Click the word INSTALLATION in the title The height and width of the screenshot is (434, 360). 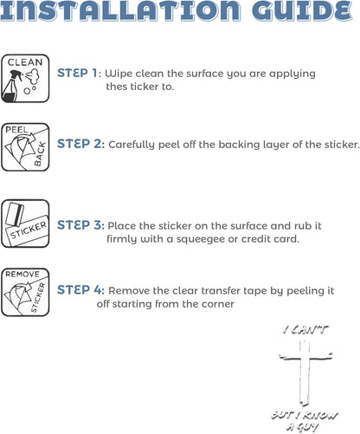pyautogui.click(x=120, y=10)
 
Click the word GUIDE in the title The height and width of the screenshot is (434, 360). pyautogui.click(x=302, y=10)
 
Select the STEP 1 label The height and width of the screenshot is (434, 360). pyautogui.click(x=78, y=74)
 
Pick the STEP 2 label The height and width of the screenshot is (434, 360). pyautogui.click(x=80, y=144)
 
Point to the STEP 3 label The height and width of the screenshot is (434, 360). pyautogui.click(x=80, y=225)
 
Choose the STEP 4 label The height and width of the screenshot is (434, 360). pyautogui.click(x=80, y=290)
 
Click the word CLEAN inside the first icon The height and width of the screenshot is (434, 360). pyautogui.click(x=25, y=62)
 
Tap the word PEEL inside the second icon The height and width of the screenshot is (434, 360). pyautogui.click(x=16, y=130)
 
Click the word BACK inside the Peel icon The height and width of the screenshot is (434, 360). pyautogui.click(x=41, y=154)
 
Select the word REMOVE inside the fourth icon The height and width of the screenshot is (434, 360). pyautogui.click(x=22, y=274)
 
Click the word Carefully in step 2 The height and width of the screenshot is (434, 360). pyautogui.click(x=132, y=145)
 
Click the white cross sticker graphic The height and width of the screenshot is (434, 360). pyautogui.click(x=305, y=372)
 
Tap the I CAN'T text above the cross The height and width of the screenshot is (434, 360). pyautogui.click(x=305, y=330)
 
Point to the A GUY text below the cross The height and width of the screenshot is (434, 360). pyautogui.click(x=303, y=426)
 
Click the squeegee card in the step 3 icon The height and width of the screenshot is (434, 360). pyautogui.click(x=16, y=216)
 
